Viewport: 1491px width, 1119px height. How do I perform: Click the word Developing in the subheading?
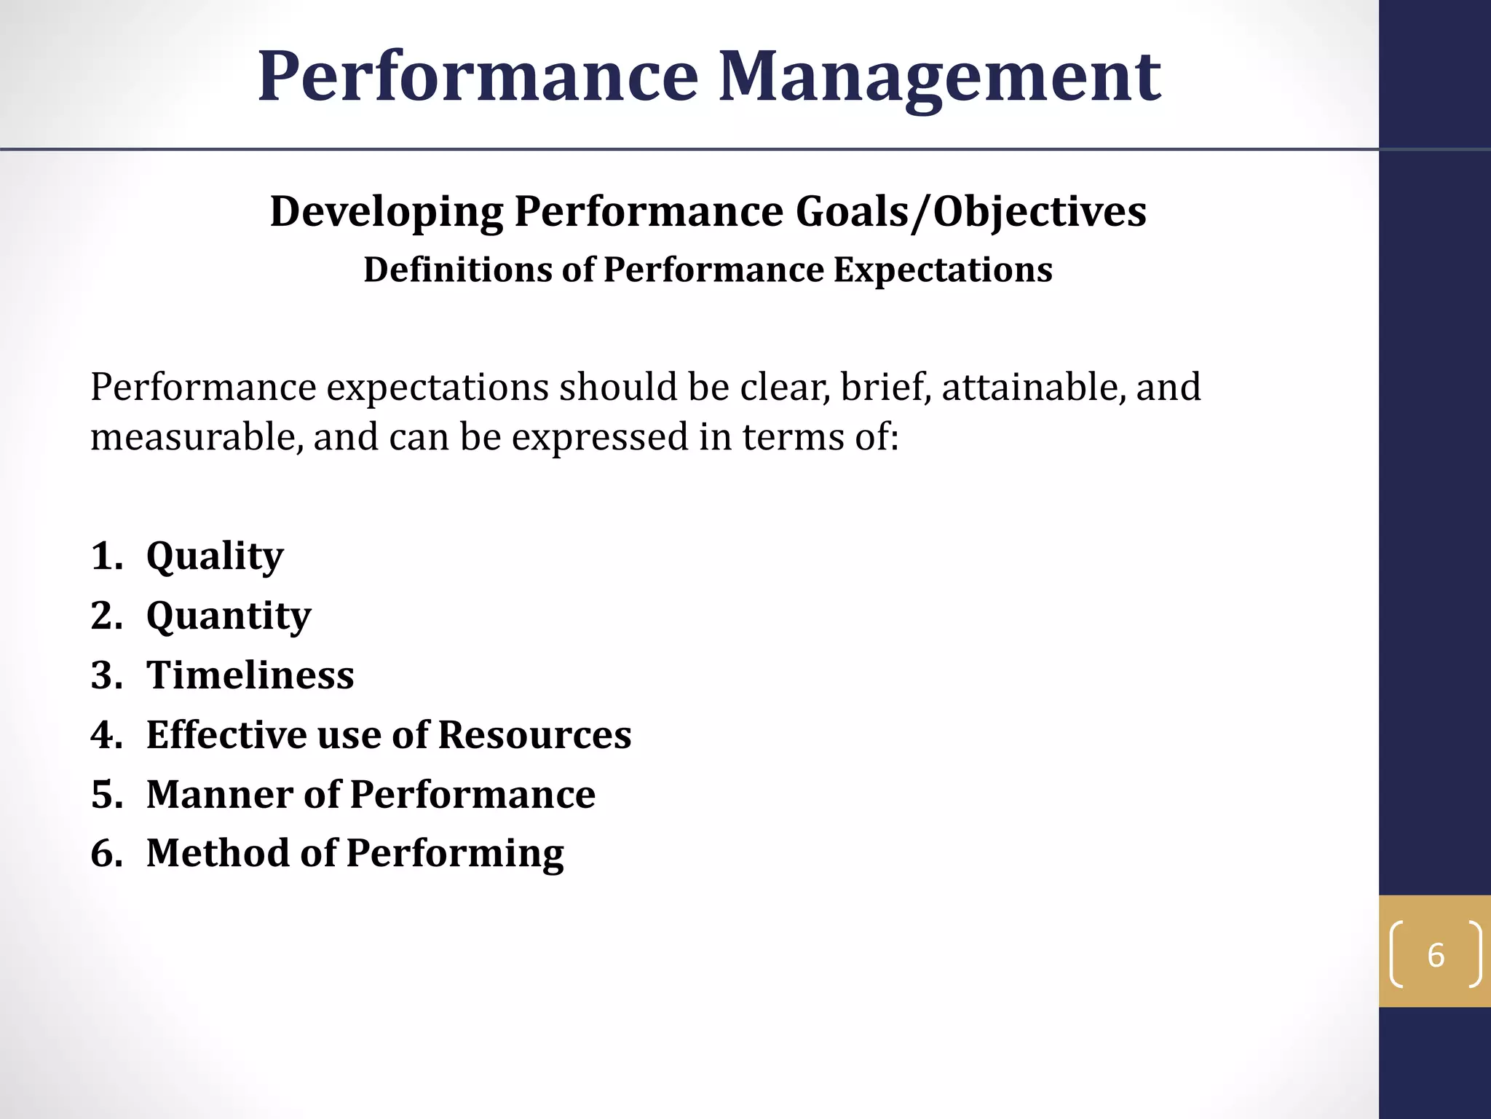(387, 213)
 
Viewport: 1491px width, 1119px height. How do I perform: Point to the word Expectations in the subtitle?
(943, 270)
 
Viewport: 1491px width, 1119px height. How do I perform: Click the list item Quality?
(215, 557)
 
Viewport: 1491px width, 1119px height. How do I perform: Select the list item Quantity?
(229, 617)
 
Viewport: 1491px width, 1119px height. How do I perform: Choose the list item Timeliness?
(250, 675)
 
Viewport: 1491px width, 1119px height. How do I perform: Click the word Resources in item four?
(534, 734)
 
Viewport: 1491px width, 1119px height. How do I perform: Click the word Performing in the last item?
(455, 855)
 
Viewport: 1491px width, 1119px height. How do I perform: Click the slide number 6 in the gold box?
(1435, 955)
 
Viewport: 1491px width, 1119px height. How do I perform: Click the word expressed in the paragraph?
(600, 439)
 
